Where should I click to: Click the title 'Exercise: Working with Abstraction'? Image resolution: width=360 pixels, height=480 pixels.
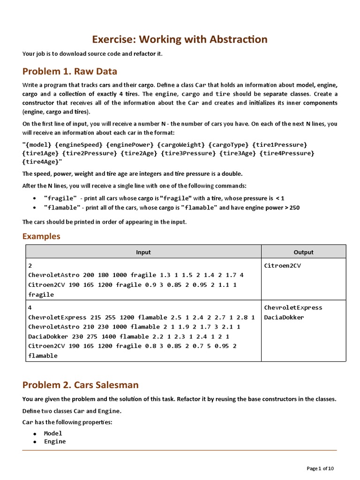point(180,39)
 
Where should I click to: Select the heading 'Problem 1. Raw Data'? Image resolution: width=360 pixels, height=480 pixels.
point(70,71)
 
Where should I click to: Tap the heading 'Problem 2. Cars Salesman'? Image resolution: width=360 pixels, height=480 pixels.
point(81,385)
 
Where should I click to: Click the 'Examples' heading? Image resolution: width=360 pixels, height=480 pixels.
point(41,236)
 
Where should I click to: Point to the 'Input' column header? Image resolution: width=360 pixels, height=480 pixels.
point(143,252)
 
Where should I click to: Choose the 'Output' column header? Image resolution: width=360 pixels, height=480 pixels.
point(303,252)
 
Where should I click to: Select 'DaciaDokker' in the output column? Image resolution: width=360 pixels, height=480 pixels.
point(284,317)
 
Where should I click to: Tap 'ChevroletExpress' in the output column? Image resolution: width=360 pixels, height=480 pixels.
point(293,308)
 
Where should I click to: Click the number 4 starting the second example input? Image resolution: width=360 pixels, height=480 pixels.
point(30,308)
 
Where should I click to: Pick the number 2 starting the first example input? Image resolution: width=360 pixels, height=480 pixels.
point(30,266)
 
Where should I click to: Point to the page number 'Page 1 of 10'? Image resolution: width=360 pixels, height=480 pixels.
point(320,468)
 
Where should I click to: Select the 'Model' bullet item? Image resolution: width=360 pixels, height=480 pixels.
point(53,434)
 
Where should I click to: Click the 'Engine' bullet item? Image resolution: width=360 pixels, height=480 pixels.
point(55,442)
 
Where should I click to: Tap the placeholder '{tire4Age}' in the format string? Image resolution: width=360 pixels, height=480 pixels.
point(42,162)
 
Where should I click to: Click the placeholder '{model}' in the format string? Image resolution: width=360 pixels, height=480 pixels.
point(37,145)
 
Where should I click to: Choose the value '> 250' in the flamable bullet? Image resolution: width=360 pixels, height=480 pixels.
point(291,208)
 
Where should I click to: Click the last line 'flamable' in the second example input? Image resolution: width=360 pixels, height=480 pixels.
point(43,356)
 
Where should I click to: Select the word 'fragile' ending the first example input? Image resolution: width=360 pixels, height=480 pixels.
point(41,295)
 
